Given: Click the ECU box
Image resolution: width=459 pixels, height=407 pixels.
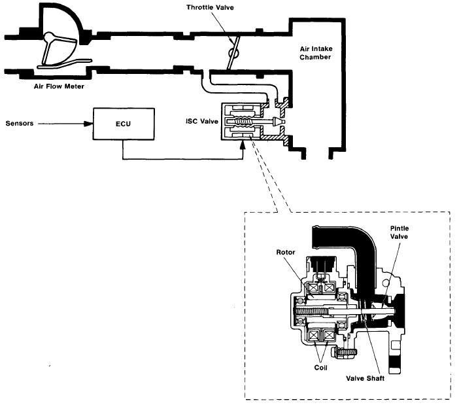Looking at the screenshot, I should (124, 124).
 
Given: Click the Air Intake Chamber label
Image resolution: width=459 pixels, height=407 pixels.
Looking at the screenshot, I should (316, 52).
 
